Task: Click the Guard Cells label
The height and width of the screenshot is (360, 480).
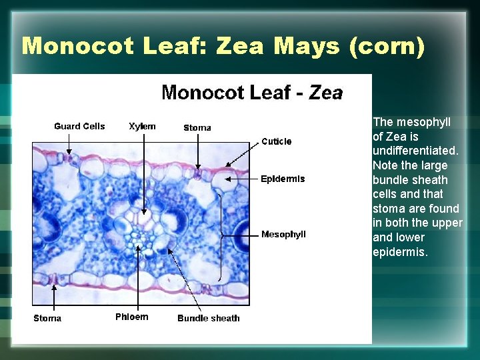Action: [79, 126]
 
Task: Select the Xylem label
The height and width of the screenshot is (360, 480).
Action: [142, 126]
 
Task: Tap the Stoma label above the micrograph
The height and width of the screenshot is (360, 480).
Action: [197, 127]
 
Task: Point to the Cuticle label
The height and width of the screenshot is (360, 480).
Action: [276, 141]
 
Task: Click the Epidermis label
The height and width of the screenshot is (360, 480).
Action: [283, 179]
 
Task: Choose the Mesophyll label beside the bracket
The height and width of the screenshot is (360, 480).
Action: [283, 234]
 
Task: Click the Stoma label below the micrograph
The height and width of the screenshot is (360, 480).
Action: [47, 318]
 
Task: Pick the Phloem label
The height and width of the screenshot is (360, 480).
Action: [132, 317]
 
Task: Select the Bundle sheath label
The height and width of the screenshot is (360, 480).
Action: [208, 318]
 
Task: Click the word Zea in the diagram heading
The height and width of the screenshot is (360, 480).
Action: [326, 93]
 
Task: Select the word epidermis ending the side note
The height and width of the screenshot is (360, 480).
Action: [399, 251]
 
